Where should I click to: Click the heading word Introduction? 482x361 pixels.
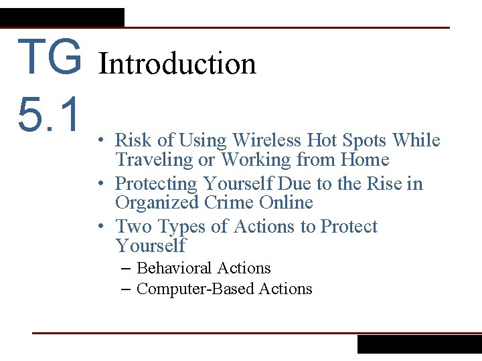click(177, 64)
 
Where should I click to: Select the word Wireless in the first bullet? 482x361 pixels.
click(266, 140)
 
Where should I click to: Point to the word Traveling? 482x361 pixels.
click(154, 160)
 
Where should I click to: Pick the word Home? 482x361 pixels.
click(365, 160)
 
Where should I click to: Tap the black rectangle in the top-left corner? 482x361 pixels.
click(62, 17)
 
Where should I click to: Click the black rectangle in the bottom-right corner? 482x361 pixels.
click(419, 344)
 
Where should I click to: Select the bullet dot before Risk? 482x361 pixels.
click(98, 141)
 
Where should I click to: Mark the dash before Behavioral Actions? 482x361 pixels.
click(127, 269)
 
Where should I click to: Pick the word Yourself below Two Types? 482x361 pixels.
click(151, 246)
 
